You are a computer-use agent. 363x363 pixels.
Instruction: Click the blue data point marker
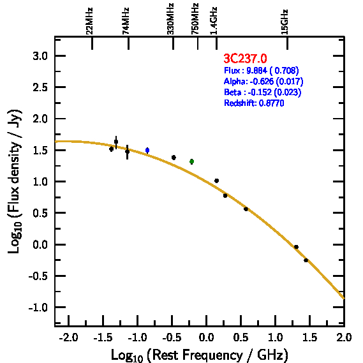pyautogui.click(x=147, y=151)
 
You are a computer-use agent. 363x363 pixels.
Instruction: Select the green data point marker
pyautogui.click(x=191, y=161)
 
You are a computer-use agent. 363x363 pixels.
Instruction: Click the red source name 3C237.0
pyautogui.click(x=245, y=58)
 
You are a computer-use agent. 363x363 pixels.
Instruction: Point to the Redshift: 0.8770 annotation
pyautogui.click(x=254, y=103)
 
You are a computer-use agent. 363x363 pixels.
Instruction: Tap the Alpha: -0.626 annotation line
pyautogui.click(x=263, y=81)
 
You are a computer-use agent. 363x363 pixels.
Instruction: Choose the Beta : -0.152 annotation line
pyautogui.click(x=263, y=92)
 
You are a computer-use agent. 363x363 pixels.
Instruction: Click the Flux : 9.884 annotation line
pyautogui.click(x=262, y=70)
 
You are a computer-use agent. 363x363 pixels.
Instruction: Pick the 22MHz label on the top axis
pyautogui.click(x=89, y=21)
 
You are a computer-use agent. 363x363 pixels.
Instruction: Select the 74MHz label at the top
pyautogui.click(x=126, y=21)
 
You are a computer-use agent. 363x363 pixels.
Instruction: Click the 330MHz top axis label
pyautogui.click(x=170, y=19)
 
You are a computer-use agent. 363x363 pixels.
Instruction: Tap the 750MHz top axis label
pyautogui.click(x=195, y=19)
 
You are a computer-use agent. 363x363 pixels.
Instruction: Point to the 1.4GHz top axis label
pyautogui.click(x=214, y=21)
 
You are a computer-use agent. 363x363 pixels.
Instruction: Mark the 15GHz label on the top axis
pyautogui.click(x=285, y=22)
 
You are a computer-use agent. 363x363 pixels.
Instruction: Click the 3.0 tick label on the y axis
pyautogui.click(x=40, y=56)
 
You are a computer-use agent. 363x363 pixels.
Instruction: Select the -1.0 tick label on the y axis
pyautogui.click(x=38, y=307)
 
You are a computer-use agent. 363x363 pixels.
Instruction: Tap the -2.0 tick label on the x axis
pyautogui.click(x=68, y=337)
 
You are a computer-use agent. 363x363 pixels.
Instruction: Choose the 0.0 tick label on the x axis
pyautogui.click(x=206, y=337)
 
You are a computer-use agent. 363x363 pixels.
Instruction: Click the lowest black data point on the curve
pyautogui.click(x=306, y=260)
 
